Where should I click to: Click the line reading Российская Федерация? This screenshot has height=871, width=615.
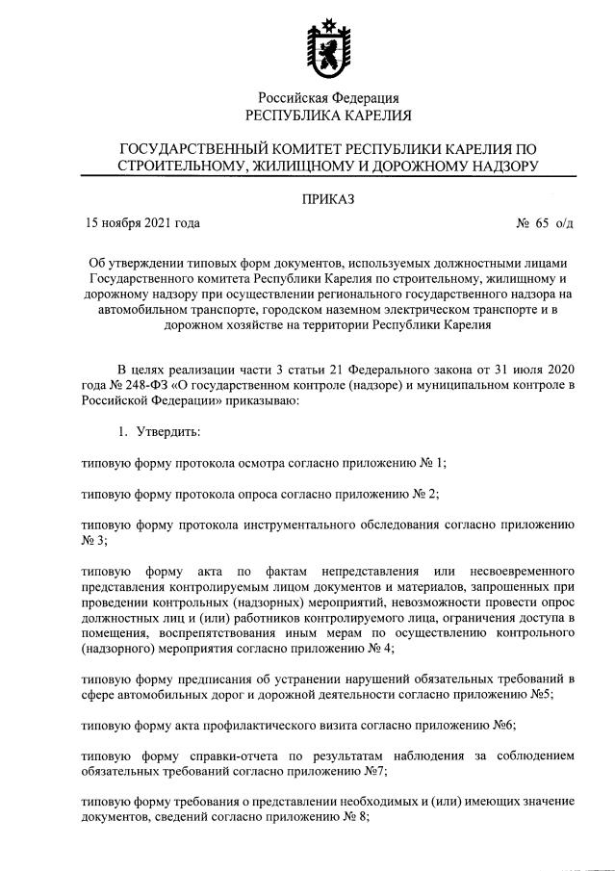tap(328, 97)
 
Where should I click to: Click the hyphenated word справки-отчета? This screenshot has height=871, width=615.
tap(205, 757)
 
